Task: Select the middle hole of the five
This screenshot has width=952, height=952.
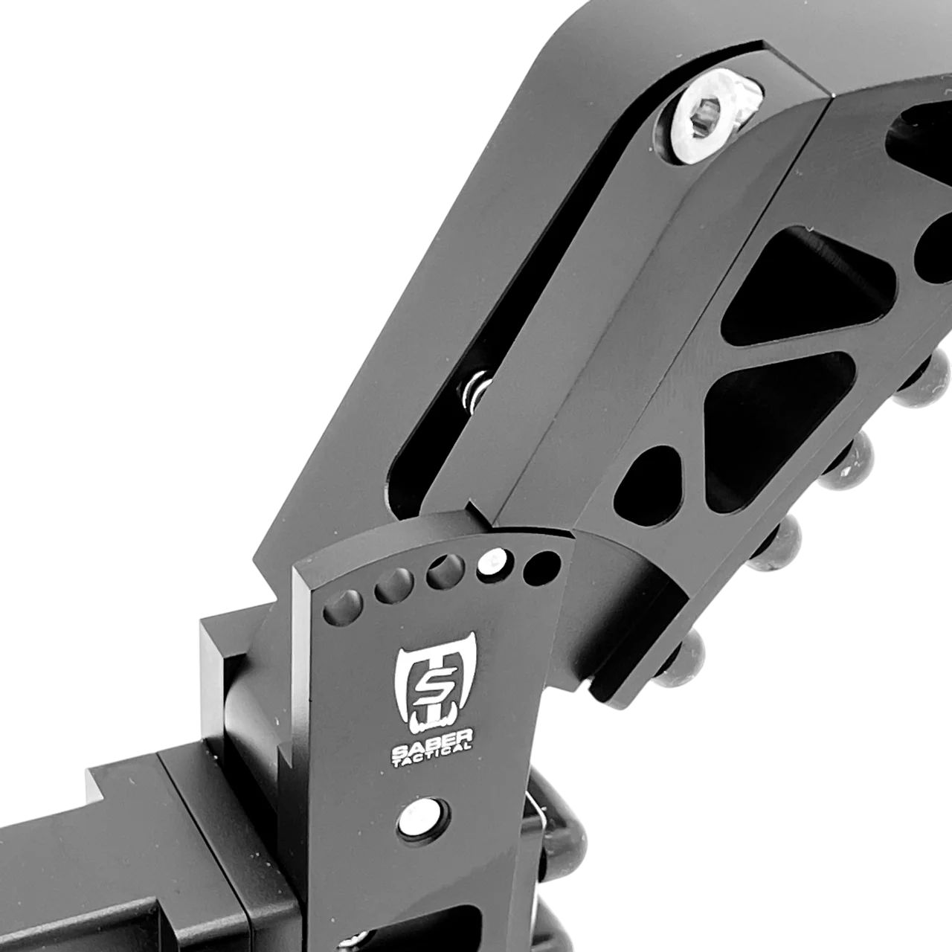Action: pos(442,573)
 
